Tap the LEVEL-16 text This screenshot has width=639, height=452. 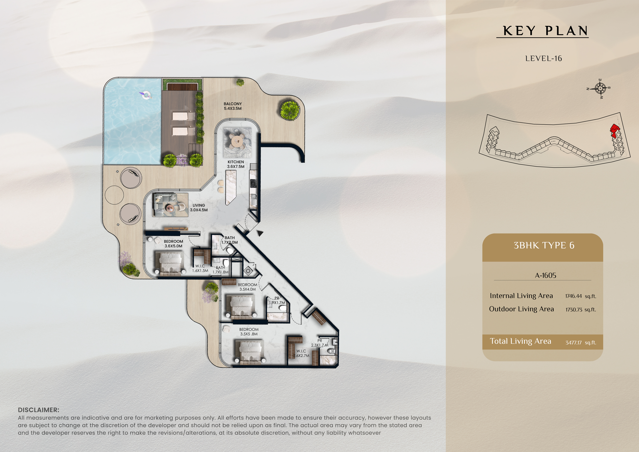543,58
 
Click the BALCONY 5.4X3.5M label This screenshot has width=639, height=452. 233,106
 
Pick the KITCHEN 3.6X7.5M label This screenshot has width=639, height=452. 236,164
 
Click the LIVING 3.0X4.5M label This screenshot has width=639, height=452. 199,208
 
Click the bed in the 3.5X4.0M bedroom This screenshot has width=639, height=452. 242,307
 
